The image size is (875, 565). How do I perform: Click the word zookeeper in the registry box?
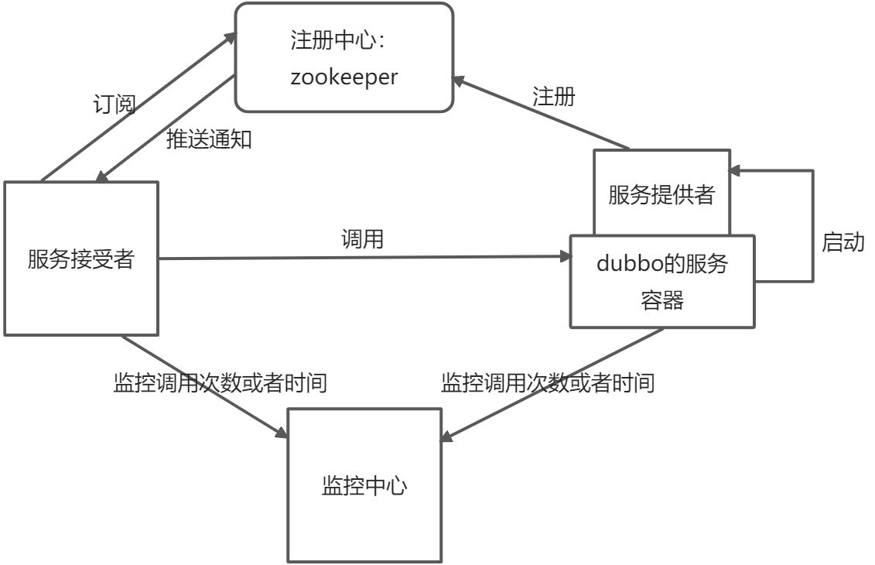click(x=344, y=77)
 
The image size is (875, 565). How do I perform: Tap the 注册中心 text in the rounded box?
click(x=333, y=41)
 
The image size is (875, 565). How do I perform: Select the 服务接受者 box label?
click(x=81, y=259)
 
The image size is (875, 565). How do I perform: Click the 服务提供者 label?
click(x=661, y=195)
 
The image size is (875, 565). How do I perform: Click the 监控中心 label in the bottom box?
click(x=364, y=487)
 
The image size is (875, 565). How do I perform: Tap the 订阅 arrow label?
click(x=115, y=104)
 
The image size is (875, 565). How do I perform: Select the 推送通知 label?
click(x=210, y=139)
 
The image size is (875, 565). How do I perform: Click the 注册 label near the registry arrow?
click(x=554, y=97)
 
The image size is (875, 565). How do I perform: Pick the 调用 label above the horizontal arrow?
click(x=362, y=239)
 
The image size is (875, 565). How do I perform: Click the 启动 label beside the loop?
click(x=843, y=242)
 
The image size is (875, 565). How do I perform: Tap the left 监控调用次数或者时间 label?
click(x=220, y=382)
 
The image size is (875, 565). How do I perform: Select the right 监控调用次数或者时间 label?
click(x=548, y=382)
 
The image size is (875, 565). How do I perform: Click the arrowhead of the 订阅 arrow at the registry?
click(x=231, y=37)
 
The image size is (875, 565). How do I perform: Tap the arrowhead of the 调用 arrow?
click(x=563, y=257)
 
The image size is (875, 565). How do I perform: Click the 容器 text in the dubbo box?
click(x=662, y=300)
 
